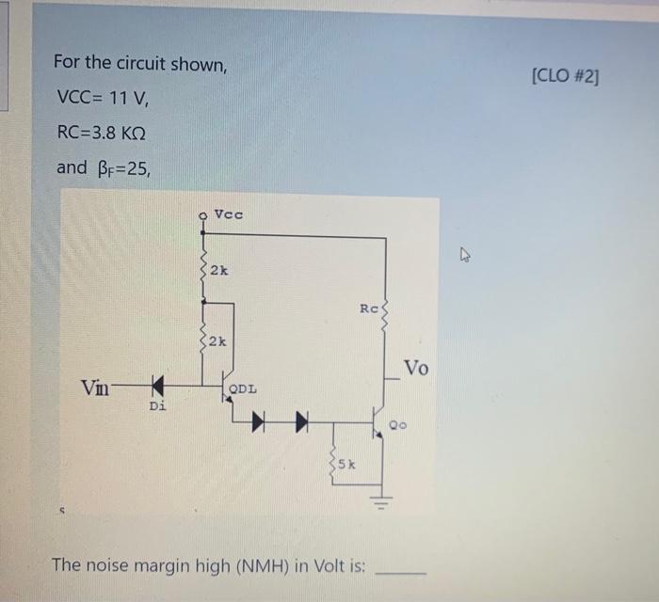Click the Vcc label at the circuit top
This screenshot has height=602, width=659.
pyautogui.click(x=228, y=214)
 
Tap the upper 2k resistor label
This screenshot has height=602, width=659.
pyautogui.click(x=218, y=271)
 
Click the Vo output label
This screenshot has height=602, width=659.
pyautogui.click(x=417, y=368)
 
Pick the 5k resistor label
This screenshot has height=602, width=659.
pyautogui.click(x=346, y=463)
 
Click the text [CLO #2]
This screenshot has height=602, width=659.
pyautogui.click(x=564, y=75)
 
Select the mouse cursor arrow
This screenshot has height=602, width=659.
pyautogui.click(x=463, y=252)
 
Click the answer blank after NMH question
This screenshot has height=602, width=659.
pyautogui.click(x=401, y=568)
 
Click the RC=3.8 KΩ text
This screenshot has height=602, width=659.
pyautogui.click(x=101, y=133)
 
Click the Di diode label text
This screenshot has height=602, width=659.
pyautogui.click(x=157, y=406)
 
